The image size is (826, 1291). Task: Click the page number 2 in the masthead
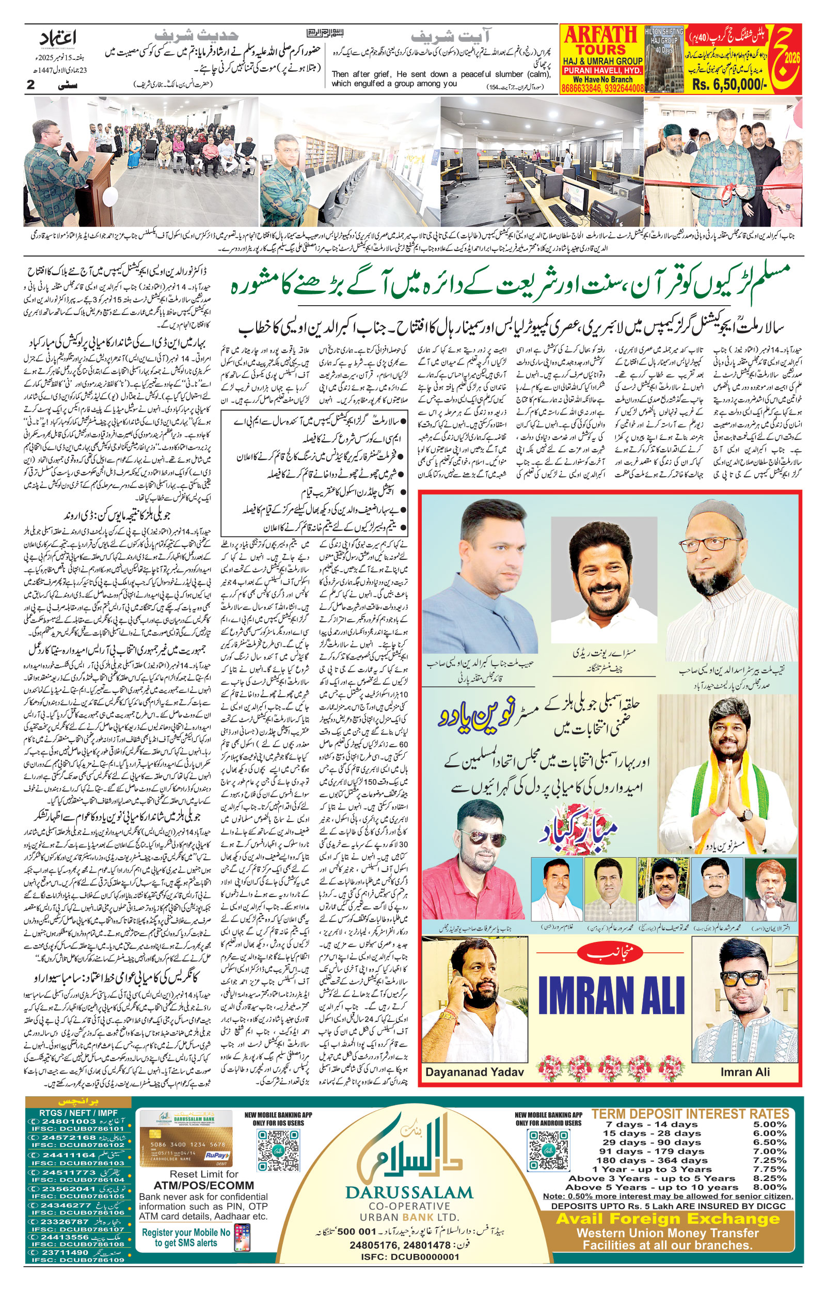pos(30,85)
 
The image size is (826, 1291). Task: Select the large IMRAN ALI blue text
pos(611,996)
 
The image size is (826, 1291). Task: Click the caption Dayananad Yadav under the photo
pos(474,1072)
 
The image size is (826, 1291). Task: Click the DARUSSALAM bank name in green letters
pos(409,1193)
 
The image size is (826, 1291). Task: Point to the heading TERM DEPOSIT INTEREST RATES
pos(690,1114)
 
